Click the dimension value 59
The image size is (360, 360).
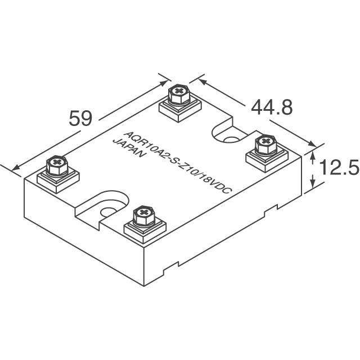80,119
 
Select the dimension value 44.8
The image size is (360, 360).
272,107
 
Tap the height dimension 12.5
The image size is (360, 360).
339,168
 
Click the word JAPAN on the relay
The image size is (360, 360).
129,147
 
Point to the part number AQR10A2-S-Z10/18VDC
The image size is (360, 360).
177,163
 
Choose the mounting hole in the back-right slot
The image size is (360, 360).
232,140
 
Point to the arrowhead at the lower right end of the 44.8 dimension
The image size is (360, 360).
312,144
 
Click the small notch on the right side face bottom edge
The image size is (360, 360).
271,208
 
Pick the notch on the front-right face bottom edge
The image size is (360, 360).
171,269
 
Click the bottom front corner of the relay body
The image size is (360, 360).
144,286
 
